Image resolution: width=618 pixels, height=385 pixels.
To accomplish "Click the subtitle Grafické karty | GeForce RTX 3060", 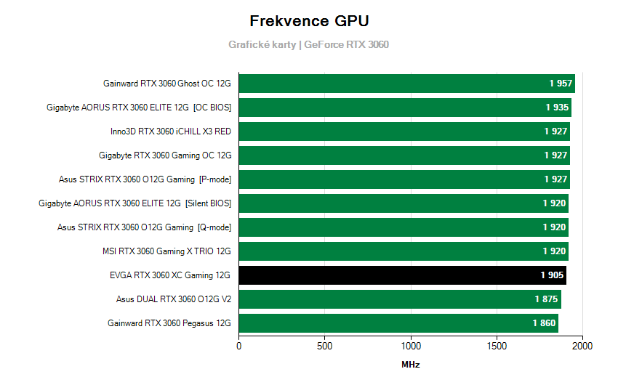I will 309,44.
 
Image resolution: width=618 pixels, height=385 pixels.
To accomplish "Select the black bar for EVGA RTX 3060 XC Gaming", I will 402,275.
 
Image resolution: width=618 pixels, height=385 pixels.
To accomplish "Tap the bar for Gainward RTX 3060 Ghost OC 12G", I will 406,84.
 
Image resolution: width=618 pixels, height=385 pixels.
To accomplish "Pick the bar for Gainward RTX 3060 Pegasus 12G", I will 398,323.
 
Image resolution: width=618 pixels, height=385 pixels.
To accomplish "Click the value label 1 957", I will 561,84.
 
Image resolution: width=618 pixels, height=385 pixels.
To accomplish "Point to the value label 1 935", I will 557,108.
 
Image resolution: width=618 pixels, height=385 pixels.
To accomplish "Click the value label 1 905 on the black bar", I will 552,275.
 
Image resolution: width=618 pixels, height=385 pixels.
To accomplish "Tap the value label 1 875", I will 547,299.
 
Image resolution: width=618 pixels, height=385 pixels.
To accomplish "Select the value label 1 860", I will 544,323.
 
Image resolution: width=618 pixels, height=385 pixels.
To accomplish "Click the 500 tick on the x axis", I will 325,346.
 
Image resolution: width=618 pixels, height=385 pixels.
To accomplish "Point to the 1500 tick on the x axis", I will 497,346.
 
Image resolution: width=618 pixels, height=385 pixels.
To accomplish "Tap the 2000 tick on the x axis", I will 582,346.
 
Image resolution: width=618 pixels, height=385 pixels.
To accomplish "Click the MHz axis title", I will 411,365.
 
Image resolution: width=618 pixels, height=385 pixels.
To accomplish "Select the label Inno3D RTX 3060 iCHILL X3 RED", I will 171,131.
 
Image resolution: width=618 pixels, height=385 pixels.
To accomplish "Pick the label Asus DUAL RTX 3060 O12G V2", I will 174,299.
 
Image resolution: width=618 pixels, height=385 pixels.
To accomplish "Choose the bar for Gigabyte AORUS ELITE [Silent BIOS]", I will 404,203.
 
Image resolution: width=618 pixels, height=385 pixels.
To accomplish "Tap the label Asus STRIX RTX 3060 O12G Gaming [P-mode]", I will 145,179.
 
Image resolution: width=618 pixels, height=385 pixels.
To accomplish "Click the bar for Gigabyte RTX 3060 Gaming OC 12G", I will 404,155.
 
